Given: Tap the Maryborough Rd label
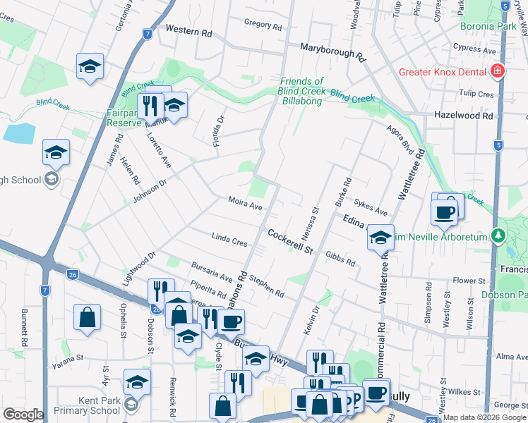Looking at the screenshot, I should (x=332, y=49).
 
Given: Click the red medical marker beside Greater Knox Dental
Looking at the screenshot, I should (x=498, y=71).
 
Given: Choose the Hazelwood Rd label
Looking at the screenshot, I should (x=464, y=115).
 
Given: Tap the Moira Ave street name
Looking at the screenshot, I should (x=245, y=204).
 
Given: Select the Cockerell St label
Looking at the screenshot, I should (x=289, y=235).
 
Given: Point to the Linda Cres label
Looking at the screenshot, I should (x=229, y=238).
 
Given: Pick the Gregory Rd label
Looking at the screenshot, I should (x=263, y=25).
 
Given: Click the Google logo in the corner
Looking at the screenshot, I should (x=23, y=414).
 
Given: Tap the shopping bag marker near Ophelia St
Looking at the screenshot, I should (x=87, y=317).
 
